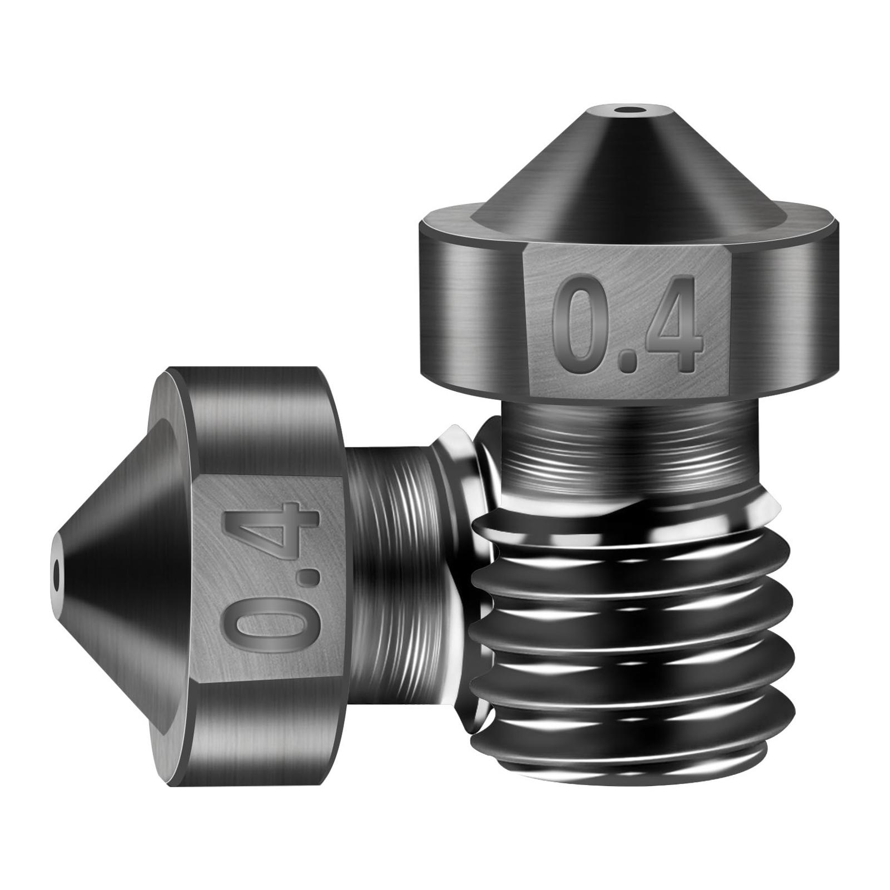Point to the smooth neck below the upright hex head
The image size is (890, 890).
pyautogui.click(x=628, y=439)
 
